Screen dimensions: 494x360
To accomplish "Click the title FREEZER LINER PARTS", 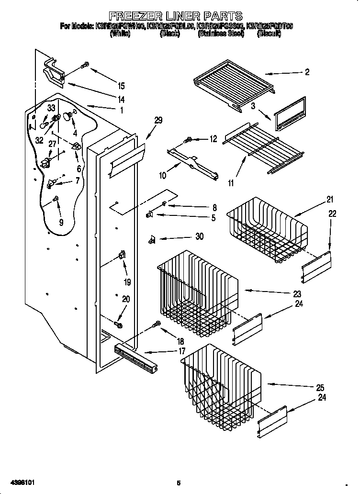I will click(175, 16).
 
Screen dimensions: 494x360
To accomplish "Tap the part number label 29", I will click(158, 121).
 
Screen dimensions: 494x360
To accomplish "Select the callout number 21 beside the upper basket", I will click(316, 200).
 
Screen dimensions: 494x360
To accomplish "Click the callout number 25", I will click(320, 387).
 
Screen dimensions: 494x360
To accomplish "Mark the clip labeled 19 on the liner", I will click(122, 255).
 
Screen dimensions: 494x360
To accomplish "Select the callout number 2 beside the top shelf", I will click(306, 72).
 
